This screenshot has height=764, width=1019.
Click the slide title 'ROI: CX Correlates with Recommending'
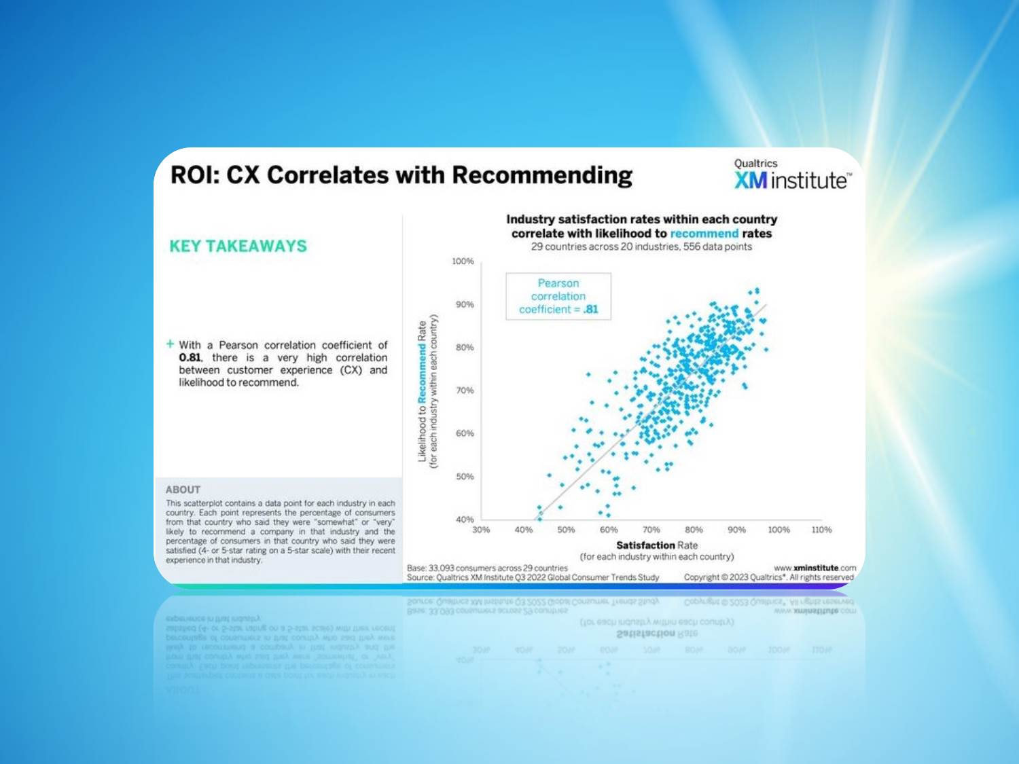click(401, 175)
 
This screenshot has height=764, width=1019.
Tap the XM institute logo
click(791, 175)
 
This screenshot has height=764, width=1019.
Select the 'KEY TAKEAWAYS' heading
click(238, 246)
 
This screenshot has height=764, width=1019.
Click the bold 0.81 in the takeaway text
click(190, 358)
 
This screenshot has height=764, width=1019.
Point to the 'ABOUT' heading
click(183, 490)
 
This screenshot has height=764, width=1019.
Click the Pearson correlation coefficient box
click(558, 296)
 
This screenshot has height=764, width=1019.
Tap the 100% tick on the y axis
click(463, 261)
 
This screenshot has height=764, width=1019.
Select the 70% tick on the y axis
click(465, 390)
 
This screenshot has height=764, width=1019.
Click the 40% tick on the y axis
click(465, 520)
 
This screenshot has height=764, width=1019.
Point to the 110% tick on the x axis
click(821, 530)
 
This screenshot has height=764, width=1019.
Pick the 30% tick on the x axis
click(481, 530)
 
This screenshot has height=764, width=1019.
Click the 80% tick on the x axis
click(694, 530)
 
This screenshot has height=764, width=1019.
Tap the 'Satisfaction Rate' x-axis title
click(656, 545)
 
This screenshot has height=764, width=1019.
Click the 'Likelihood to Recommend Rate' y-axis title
click(423, 392)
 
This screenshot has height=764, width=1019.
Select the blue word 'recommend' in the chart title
click(704, 234)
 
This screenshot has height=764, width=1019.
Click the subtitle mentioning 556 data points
click(641, 247)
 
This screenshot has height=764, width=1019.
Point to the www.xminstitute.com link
click(815, 568)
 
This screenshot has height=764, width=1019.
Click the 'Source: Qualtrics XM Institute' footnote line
click(533, 577)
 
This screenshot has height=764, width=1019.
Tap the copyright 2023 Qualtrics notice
click(769, 577)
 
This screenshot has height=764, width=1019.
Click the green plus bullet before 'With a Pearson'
click(171, 344)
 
